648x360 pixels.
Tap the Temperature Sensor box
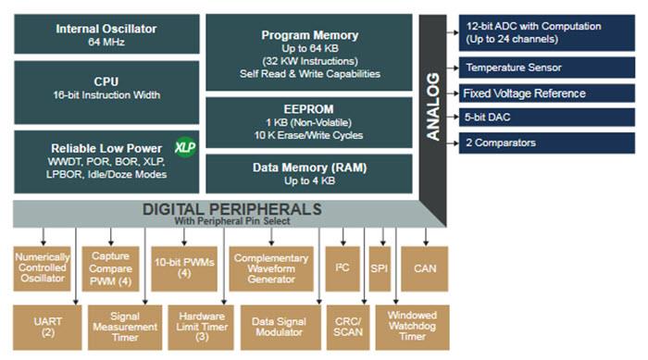click(x=547, y=68)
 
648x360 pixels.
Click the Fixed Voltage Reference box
click(x=547, y=93)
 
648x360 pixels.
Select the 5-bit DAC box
click(x=547, y=118)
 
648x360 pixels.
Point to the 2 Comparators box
click(x=547, y=143)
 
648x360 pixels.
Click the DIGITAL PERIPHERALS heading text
click(x=231, y=210)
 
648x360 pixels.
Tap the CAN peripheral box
click(x=425, y=269)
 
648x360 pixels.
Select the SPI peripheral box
click(x=380, y=269)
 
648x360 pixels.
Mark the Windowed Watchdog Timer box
click(x=412, y=326)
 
